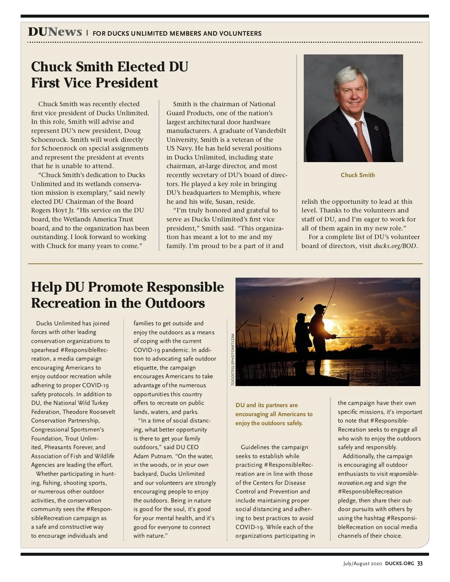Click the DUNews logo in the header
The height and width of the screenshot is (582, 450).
click(55, 32)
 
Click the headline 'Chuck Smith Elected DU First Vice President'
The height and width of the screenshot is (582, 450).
click(109, 75)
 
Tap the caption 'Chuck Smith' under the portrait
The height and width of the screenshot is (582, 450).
click(357, 175)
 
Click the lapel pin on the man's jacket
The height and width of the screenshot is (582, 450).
click(376, 128)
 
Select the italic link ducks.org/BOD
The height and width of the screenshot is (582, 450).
click(395, 246)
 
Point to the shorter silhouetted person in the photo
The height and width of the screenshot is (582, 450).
click(302, 334)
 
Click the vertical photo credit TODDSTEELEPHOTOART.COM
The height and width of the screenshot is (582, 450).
click(232, 359)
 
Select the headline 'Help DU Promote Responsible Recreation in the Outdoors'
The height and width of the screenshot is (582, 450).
click(127, 295)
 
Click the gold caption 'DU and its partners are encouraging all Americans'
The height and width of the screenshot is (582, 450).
click(274, 414)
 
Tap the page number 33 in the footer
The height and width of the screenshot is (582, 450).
click(420, 564)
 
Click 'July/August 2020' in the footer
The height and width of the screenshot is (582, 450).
click(362, 564)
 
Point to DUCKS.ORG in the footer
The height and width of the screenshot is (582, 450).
click(399, 564)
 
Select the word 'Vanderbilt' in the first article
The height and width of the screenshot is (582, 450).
click(270, 131)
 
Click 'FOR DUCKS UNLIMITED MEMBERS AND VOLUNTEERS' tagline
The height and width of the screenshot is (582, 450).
click(177, 33)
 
